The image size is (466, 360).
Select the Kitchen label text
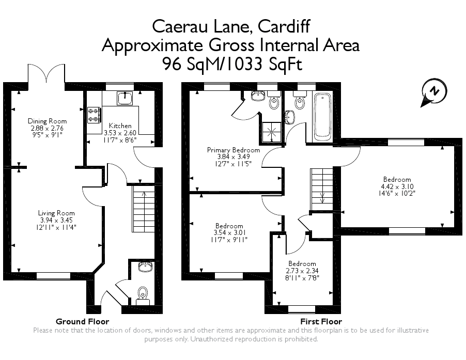point(120,126)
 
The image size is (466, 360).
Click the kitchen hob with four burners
point(94,115)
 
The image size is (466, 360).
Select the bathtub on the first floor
point(323,117)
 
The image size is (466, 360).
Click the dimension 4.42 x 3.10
point(397,186)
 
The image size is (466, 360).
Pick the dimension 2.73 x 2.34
point(302,270)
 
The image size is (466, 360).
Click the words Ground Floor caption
point(82,321)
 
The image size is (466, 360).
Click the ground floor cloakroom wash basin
point(145,267)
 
